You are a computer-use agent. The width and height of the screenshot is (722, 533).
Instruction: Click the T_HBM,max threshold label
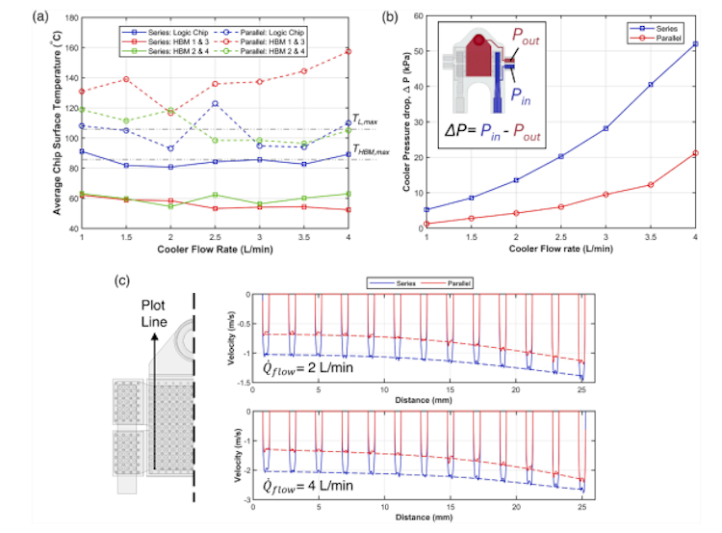pyautogui.click(x=372, y=150)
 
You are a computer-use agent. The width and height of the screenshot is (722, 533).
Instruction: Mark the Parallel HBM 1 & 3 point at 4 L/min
pyautogui.click(x=348, y=51)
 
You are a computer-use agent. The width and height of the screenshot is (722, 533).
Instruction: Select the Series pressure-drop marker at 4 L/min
pyautogui.click(x=695, y=43)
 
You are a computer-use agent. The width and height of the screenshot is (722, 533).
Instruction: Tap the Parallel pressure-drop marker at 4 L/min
pyautogui.click(x=695, y=152)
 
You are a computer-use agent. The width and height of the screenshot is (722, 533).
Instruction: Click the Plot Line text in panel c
pyautogui.click(x=147, y=312)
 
